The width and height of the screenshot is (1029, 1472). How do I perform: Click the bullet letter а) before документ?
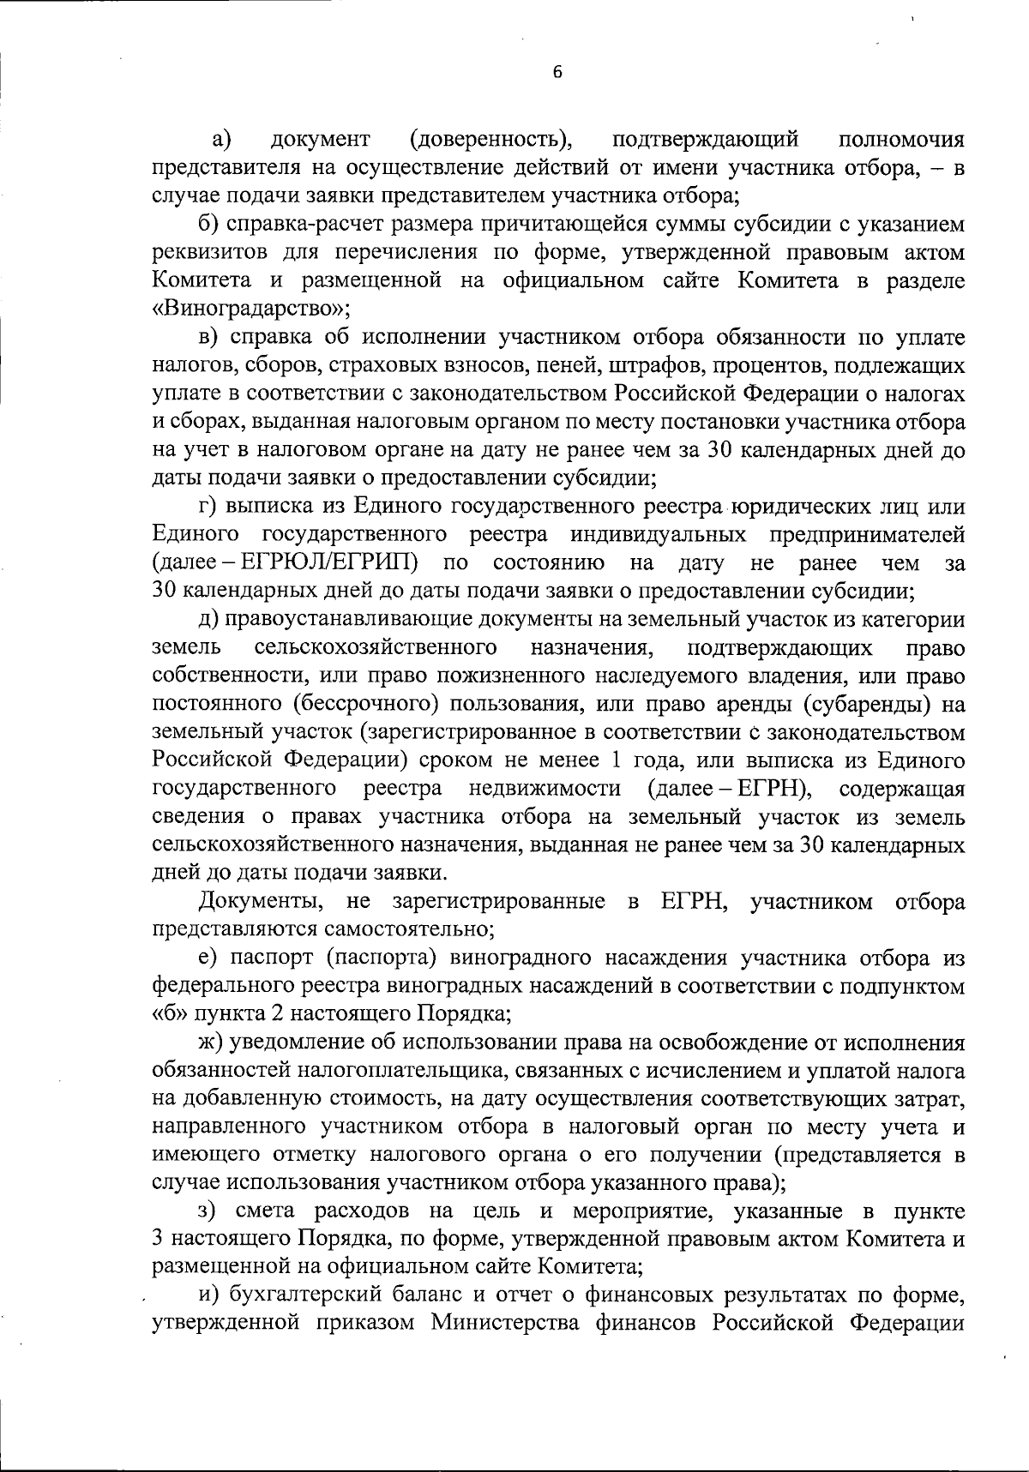[224, 139]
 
